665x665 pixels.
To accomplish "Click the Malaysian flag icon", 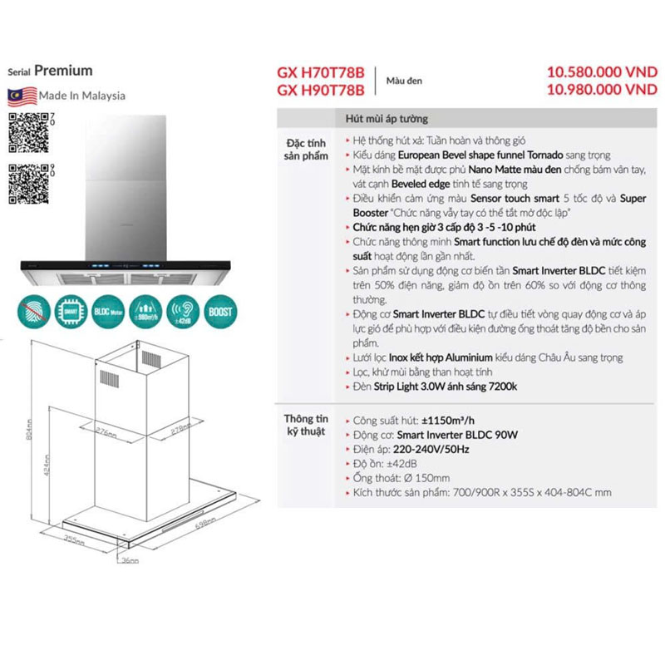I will click(22, 94).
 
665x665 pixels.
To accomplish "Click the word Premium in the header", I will click(63, 71).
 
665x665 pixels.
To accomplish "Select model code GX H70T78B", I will click(320, 72).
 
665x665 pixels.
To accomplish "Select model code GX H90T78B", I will click(320, 90).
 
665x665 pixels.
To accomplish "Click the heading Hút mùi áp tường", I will click(387, 119).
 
